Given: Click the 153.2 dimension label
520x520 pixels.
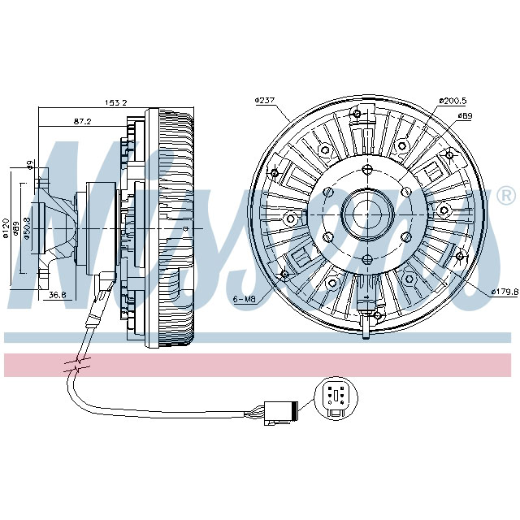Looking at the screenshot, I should (116, 103).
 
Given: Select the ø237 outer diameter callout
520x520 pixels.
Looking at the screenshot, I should (266, 100).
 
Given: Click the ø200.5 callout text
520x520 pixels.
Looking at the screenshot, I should (453, 101).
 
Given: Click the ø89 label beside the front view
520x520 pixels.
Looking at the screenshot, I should (465, 116).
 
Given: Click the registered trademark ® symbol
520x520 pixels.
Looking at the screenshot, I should (505, 196).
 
